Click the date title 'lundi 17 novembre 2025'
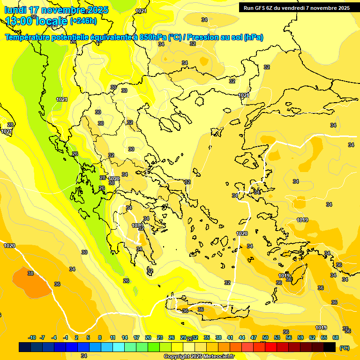(56, 10)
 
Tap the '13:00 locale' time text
(37, 21)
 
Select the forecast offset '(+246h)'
(83, 21)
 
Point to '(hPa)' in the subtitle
(253, 37)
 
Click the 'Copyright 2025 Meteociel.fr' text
(198, 356)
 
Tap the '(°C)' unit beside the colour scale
(344, 347)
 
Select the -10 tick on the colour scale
(32, 337)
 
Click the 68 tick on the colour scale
(336, 337)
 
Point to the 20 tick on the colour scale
(148, 337)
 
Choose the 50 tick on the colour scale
(265, 337)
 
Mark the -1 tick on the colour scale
(66, 337)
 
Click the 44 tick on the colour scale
(242, 337)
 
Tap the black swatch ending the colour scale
(330, 347)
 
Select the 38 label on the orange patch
(30, 273)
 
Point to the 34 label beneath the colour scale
(84, 356)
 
